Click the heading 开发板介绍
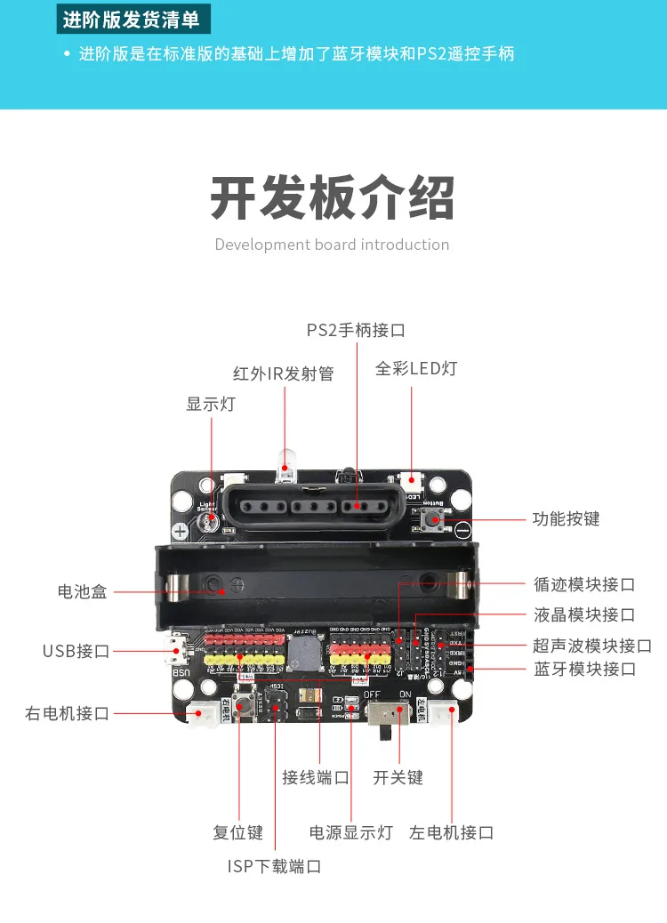333,197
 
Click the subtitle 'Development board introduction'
332,245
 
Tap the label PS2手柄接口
356,330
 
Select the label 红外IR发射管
284,373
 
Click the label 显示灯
211,404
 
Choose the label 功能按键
566,518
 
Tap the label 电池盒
82,591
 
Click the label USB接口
76,651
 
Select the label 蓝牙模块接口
585,669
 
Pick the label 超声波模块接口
592,646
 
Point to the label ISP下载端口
274,866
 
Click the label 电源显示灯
350,832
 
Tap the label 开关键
398,777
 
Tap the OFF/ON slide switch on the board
389,714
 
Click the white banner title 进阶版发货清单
133,19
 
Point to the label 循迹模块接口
584,584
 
